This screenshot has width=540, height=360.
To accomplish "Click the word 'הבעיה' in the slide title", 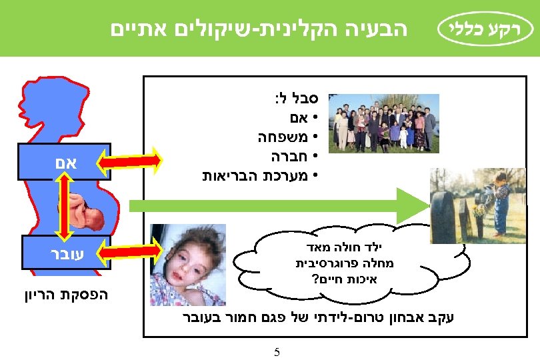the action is (381, 28).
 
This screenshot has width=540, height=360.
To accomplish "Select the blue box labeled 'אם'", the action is (59, 160).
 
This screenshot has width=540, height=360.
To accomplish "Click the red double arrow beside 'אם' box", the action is (130, 160).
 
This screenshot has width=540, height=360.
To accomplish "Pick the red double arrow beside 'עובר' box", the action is (130, 251).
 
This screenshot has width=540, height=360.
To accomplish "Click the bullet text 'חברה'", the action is (288, 158).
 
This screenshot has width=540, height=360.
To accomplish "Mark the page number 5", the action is (276, 351).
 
